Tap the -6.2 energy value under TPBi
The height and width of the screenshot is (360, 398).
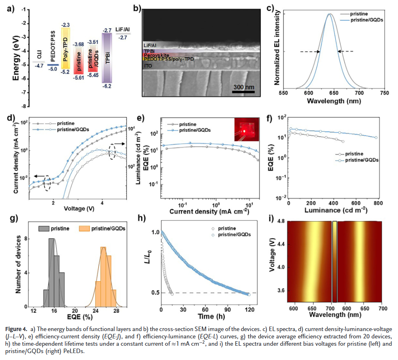click(107, 86)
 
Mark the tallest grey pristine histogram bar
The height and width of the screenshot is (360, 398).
click(51, 272)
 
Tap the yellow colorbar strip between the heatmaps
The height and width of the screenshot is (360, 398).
click(335, 262)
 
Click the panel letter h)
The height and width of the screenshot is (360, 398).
click(142, 218)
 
